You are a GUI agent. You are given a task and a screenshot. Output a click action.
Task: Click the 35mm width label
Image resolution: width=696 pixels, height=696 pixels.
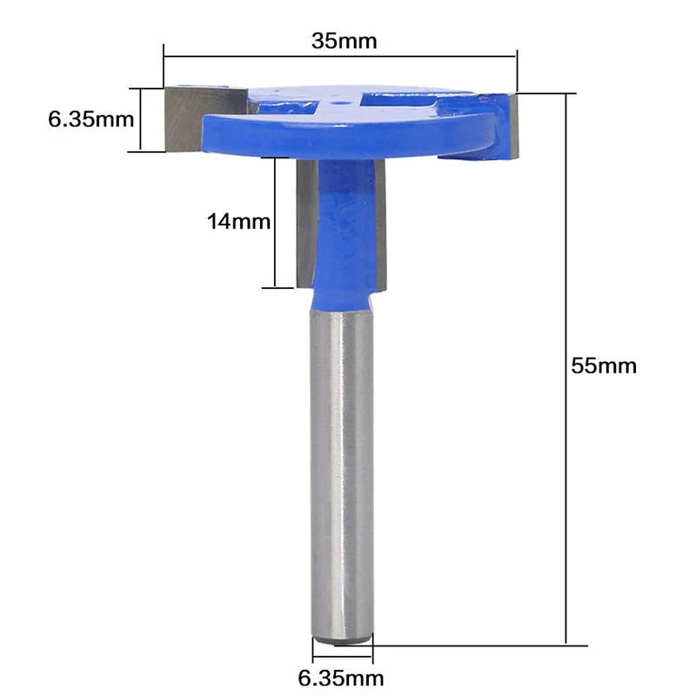(x=344, y=41)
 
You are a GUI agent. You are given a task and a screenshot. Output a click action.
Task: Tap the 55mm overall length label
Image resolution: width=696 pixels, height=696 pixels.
(x=604, y=366)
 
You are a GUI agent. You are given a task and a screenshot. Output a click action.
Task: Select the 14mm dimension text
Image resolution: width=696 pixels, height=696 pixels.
(x=238, y=222)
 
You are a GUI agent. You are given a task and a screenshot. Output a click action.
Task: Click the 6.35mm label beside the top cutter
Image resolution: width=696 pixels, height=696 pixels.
(x=91, y=119)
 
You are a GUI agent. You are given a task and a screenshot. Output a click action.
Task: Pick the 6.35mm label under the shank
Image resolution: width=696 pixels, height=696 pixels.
(x=340, y=679)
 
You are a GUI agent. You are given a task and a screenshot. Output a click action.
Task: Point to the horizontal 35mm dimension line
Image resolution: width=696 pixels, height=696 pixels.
(x=340, y=57)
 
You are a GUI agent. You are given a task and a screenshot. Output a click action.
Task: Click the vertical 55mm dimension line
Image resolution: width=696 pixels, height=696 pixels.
(x=566, y=369)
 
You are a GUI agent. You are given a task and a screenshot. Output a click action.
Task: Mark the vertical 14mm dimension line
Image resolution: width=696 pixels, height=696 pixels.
(x=275, y=223)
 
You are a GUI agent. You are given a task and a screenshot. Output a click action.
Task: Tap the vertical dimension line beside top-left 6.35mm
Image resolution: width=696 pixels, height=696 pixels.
(x=141, y=120)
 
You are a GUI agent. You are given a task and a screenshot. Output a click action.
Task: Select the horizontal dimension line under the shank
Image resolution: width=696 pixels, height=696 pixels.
(x=342, y=656)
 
